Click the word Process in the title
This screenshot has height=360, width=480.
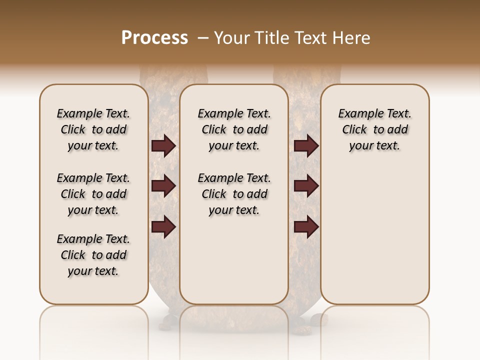coord(154,38)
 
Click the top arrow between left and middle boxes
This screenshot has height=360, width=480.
coord(163,145)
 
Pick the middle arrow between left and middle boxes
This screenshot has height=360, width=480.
coord(163,186)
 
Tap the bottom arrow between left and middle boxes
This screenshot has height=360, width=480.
coord(163,226)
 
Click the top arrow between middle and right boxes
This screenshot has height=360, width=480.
coord(306,145)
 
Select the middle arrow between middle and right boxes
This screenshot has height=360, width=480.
coord(306,186)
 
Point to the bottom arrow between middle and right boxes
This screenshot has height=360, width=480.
coord(306,226)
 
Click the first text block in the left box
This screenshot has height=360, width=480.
coord(93,129)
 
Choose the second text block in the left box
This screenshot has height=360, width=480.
coord(93,194)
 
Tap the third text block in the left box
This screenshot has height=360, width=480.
coord(93,255)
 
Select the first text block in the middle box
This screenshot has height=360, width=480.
coord(234,129)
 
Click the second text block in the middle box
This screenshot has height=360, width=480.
coord(234,194)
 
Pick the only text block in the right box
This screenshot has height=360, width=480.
coord(375,129)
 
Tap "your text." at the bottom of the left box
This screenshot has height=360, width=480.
coord(93,271)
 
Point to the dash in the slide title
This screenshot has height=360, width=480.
coord(203,38)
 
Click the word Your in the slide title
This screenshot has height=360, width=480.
coord(230,38)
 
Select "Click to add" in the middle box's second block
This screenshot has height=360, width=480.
coord(234,194)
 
